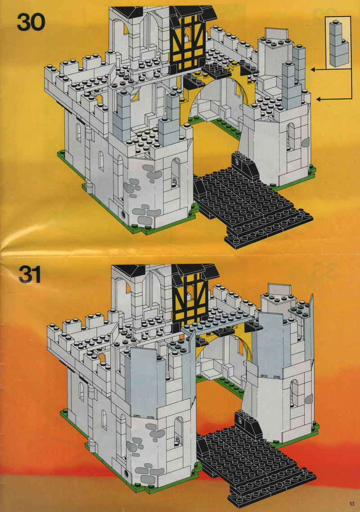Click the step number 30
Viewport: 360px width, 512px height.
31,23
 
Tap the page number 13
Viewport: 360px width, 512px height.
351,503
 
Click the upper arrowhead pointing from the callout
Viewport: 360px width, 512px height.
313,69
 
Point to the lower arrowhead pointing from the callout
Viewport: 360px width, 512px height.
319,99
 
